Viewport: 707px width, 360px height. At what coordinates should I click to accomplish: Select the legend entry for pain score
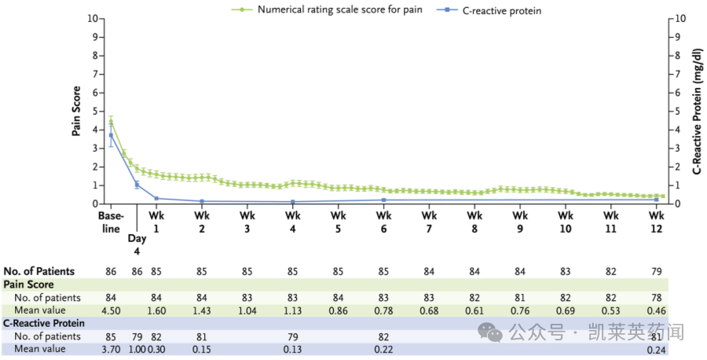pyautogui.click(x=333, y=11)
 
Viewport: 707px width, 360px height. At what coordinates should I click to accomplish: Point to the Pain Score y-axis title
pyautogui.click(x=77, y=111)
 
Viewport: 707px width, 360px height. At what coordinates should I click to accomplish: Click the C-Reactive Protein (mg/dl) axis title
pyautogui.click(x=697, y=111)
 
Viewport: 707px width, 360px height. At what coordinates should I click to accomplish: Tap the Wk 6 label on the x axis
pyautogui.click(x=383, y=222)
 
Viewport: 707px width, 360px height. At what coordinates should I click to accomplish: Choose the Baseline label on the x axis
pyautogui.click(x=111, y=222)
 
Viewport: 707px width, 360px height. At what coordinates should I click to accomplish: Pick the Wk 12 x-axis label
pyautogui.click(x=657, y=222)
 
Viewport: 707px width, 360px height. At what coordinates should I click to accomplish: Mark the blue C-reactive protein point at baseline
pyautogui.click(x=111, y=135)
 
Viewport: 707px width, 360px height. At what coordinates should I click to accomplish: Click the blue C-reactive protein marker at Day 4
pyautogui.click(x=137, y=185)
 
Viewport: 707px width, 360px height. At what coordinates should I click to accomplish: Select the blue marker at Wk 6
pyautogui.click(x=383, y=200)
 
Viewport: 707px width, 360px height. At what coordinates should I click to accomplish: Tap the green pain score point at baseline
pyautogui.click(x=111, y=121)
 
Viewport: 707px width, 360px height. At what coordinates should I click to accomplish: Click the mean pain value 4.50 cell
pyautogui.click(x=111, y=310)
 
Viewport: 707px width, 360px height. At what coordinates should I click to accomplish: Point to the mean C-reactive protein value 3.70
pyautogui.click(x=111, y=349)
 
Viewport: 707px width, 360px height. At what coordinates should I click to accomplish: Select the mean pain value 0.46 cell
pyautogui.click(x=657, y=310)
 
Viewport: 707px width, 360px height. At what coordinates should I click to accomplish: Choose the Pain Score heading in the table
pyautogui.click(x=29, y=284)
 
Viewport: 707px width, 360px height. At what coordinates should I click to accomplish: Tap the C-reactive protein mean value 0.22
pyautogui.click(x=383, y=349)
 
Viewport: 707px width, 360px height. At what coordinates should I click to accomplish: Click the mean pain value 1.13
pyautogui.click(x=293, y=310)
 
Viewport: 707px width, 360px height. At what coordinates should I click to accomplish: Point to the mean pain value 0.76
pyautogui.click(x=519, y=310)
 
